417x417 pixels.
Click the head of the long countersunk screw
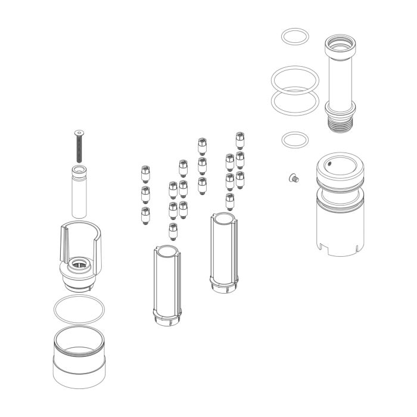click(x=78, y=132)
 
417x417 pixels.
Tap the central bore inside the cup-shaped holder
click(x=79, y=264)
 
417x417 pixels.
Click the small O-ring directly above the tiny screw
click(x=294, y=141)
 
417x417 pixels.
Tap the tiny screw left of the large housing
click(x=293, y=177)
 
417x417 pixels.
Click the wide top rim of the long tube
click(x=340, y=44)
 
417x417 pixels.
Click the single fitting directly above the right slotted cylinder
click(x=229, y=201)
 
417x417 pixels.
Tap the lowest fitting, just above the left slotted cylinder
click(x=173, y=229)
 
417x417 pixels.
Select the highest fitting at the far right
click(x=239, y=139)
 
